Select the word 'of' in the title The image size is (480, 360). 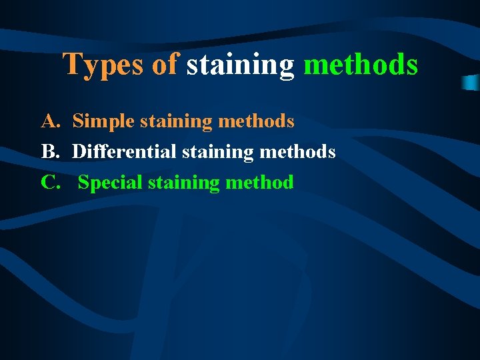click(x=165, y=65)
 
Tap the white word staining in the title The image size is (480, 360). click(x=240, y=65)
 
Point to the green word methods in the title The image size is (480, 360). click(x=361, y=65)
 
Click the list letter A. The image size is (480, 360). click(x=50, y=121)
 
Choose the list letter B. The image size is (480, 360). click(x=49, y=152)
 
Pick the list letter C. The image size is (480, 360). click(x=50, y=182)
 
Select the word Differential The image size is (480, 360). click(x=124, y=152)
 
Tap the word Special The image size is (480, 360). click(x=110, y=182)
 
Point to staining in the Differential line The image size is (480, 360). click(x=217, y=152)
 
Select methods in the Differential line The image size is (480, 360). click(x=297, y=152)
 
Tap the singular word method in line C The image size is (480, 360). click(x=259, y=182)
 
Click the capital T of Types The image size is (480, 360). click(x=71, y=65)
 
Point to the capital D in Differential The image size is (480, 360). click(x=78, y=152)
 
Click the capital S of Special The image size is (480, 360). click(x=83, y=182)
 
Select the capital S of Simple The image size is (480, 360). click(x=77, y=121)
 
